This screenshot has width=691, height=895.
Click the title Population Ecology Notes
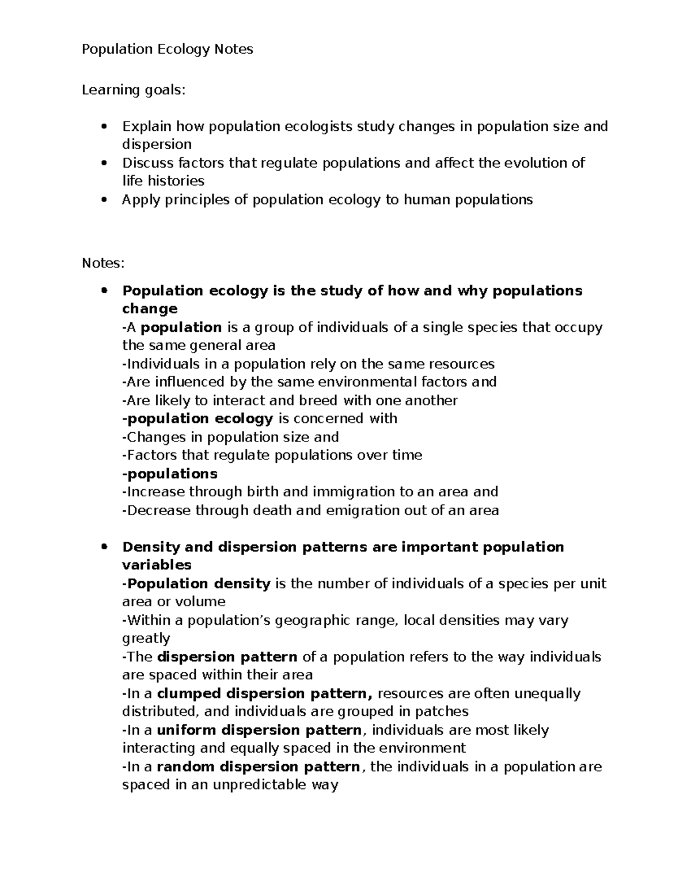pyautogui.click(x=167, y=50)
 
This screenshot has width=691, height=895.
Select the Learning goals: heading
pyautogui.click(x=134, y=90)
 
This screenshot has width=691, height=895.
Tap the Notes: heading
pyautogui.click(x=102, y=263)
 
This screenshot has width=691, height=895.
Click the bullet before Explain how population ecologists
pyautogui.click(x=104, y=126)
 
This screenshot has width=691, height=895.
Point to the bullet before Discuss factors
pyautogui.click(x=104, y=163)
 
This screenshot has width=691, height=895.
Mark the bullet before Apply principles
pyautogui.click(x=104, y=200)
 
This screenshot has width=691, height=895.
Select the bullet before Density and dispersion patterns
pyautogui.click(x=104, y=547)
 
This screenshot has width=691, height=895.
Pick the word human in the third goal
pyautogui.click(x=427, y=200)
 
